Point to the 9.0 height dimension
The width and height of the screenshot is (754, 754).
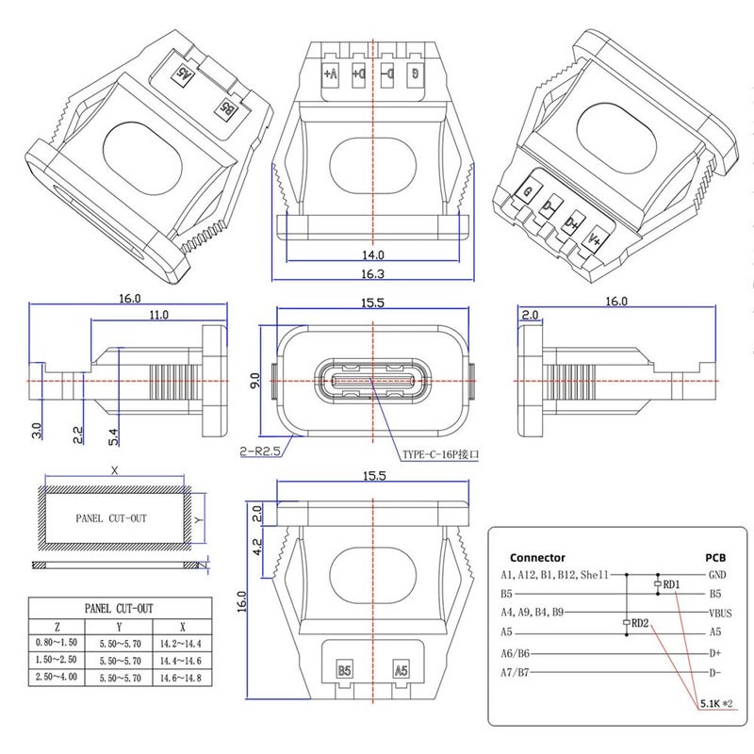pos(254,381)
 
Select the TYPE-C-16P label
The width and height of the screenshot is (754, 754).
pos(441,454)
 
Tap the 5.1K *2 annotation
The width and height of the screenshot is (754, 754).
pos(716,703)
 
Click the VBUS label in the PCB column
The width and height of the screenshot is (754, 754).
pos(718,613)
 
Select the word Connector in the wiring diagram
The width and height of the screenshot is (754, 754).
pos(537,557)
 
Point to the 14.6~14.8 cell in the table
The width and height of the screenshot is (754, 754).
pos(181,678)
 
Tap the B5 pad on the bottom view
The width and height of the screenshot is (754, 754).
pos(345,671)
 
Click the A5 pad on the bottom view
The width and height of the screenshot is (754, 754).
pos(402,671)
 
